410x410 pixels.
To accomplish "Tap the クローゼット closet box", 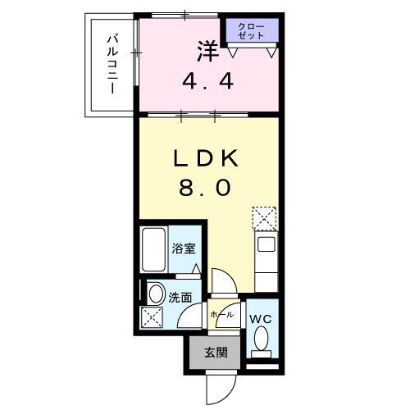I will point(251,32).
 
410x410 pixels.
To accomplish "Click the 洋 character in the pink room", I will point(207,50).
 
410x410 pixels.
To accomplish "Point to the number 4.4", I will point(207,81).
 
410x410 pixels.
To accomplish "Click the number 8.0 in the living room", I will point(205,187).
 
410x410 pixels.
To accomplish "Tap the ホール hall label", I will point(221,314).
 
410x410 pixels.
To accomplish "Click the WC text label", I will point(260,317).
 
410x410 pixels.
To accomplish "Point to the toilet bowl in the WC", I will point(261,339).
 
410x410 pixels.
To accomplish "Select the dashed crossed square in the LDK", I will point(265,218).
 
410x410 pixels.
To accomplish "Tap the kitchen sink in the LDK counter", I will point(266,244).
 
